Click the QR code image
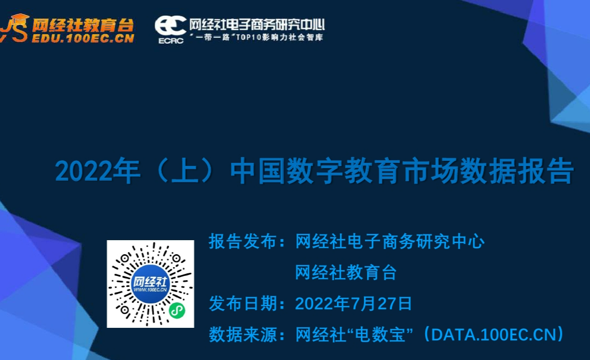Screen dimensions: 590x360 tap(150, 284)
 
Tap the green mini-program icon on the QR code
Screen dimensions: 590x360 tap(177, 311)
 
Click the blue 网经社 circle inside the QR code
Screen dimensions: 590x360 tap(150, 284)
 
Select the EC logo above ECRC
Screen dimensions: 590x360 tap(170, 25)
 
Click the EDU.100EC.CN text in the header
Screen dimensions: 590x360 tap(83, 38)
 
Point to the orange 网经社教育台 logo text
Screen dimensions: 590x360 tap(83, 25)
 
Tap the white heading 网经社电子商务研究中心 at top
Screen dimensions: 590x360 tap(257, 25)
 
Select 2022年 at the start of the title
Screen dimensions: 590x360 tap(98, 172)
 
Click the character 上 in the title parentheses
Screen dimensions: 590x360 tap(185, 172)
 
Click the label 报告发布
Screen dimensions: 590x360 tap(243, 242)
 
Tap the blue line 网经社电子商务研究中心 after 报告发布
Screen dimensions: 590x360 tap(390, 242)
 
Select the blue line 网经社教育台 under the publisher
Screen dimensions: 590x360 tap(346, 272)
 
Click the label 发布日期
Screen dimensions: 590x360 tap(243, 303)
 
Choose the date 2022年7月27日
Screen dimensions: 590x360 tap(354, 303)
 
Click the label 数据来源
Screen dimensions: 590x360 tap(243, 335)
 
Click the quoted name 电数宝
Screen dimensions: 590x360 tap(380, 335)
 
